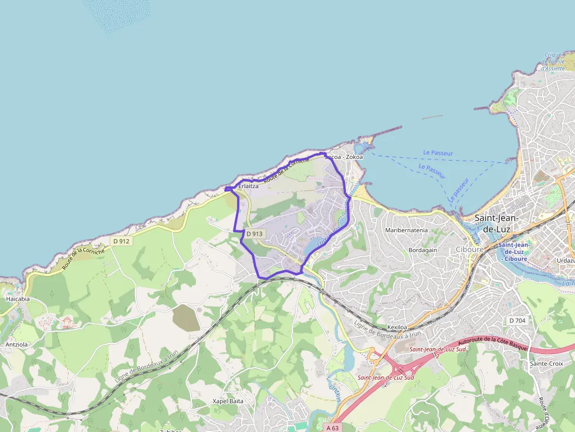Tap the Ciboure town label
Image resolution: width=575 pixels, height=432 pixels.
click(469, 249)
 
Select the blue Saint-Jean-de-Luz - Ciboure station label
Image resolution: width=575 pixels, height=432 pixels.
click(515, 251)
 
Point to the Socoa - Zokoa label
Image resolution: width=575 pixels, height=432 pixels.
click(344, 157)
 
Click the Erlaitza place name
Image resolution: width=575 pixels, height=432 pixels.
click(248, 186)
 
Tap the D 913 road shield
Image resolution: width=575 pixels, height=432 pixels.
click(255, 233)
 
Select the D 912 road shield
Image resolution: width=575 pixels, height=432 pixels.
click(121, 241)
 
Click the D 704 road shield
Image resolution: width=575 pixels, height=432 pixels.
click(518, 321)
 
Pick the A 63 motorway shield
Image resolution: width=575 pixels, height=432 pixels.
click(332, 427)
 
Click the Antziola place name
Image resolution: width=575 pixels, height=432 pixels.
click(16, 345)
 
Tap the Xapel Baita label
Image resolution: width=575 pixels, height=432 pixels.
click(228, 402)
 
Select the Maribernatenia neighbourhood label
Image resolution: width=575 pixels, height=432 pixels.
click(406, 230)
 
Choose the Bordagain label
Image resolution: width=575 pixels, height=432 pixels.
click(423, 250)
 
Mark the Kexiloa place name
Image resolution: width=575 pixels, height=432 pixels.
click(397, 327)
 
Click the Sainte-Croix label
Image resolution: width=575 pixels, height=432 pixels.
click(546, 363)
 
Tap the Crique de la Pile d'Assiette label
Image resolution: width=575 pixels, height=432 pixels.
click(554, 62)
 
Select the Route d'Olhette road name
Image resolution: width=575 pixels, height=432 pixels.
click(544, 412)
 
